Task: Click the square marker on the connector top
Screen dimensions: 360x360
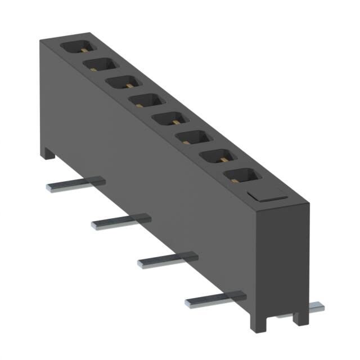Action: [x=267, y=195]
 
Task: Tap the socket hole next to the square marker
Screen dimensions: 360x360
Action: [x=245, y=178]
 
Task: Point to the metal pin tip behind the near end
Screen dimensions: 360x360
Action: [x=317, y=307]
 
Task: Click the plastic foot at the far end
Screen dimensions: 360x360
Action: [x=47, y=152]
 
